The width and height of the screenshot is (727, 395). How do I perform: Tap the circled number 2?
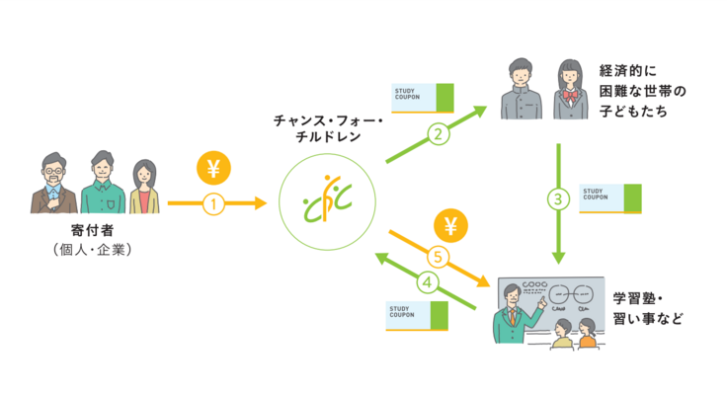coord(435,133)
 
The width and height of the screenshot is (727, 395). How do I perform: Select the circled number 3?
coord(559,199)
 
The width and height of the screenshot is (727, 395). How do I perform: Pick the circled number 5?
coord(439,255)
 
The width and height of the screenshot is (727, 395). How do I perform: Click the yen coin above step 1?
coord(213,169)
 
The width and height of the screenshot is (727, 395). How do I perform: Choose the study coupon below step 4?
coord(416,316)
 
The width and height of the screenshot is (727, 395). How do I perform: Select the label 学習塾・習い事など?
coord(647,308)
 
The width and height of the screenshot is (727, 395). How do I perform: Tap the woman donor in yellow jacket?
coord(144,188)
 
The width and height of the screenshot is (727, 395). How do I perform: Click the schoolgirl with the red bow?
coord(571,90)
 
